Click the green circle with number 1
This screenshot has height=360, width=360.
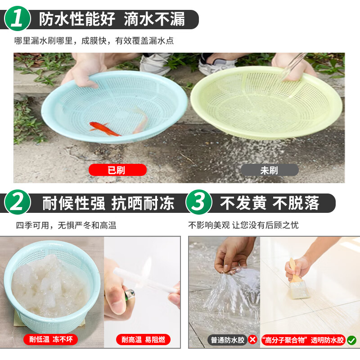pyautogui.click(x=18, y=18)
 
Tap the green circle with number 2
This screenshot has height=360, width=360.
pyautogui.click(x=18, y=202)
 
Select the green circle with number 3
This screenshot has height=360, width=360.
pyautogui.click(x=198, y=202)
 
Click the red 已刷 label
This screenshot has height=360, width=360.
pyautogui.click(x=117, y=170)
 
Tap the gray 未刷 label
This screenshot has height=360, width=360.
pyautogui.click(x=270, y=170)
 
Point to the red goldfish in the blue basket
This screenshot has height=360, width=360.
pyautogui.click(x=104, y=129)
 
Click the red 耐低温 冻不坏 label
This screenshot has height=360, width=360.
pyautogui.click(x=51, y=339)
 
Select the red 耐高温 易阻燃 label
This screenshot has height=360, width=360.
pyautogui.click(x=143, y=340)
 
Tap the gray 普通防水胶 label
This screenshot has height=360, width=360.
pyautogui.click(x=227, y=340)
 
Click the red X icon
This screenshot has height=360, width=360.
pyautogui.click(x=252, y=340)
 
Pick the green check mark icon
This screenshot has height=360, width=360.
pyautogui.click(x=351, y=340)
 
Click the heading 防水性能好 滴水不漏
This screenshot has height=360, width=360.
pyautogui.click(x=112, y=19)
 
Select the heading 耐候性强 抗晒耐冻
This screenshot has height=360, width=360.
pyautogui.click(x=108, y=203)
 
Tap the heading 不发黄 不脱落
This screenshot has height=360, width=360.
pyautogui.click(x=270, y=203)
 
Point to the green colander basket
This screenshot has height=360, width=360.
pyautogui.click(x=266, y=103)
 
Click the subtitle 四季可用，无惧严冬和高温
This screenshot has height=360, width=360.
pyautogui.click(x=66, y=225)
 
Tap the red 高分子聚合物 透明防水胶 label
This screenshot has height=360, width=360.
pyautogui.click(x=303, y=340)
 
